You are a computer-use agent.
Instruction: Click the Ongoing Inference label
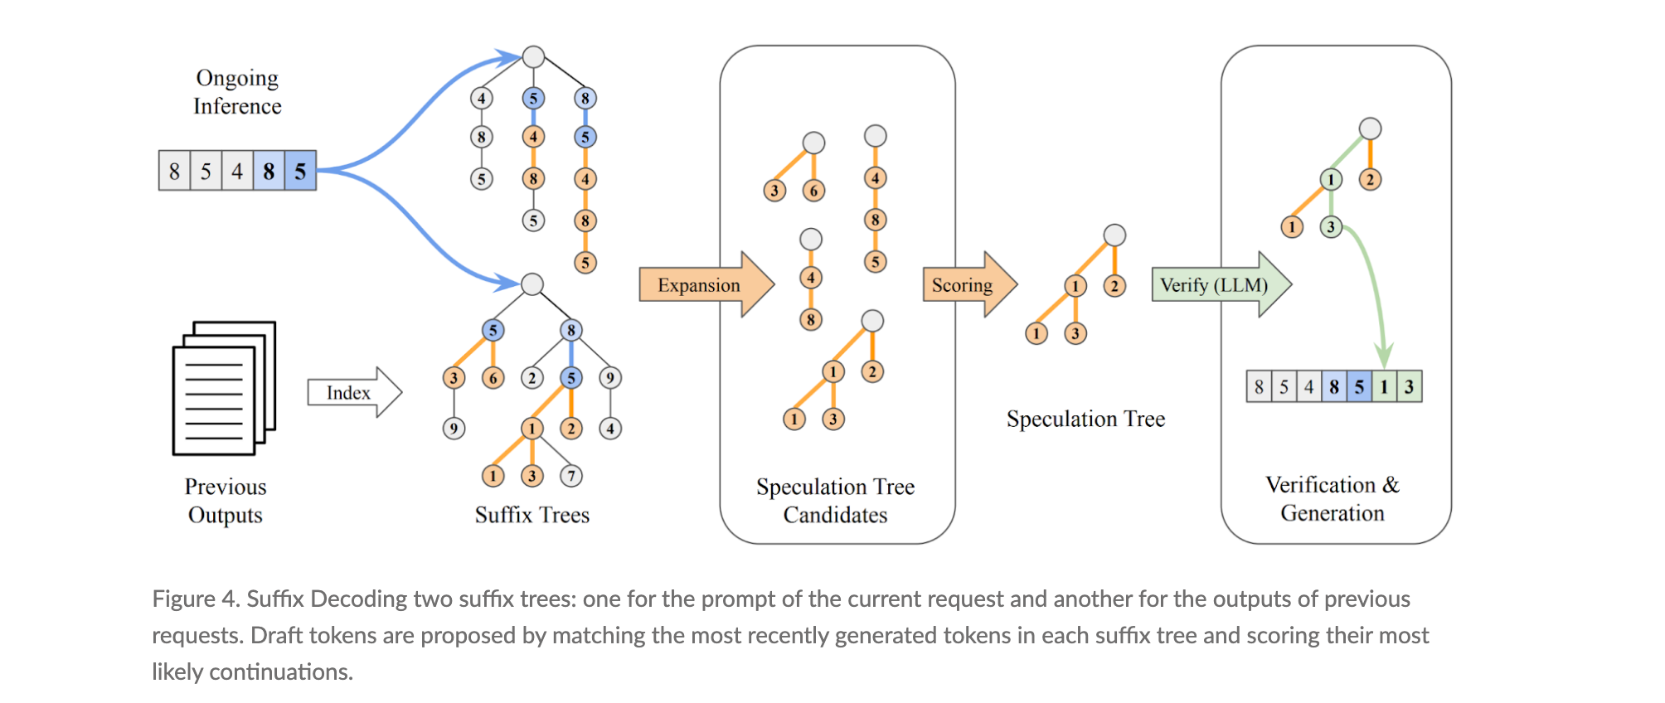[237, 92]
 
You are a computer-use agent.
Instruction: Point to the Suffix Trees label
[532, 515]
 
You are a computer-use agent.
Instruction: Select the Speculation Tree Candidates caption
[835, 501]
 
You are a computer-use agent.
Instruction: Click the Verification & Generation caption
[1332, 499]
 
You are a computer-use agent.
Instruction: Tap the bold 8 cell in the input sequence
[269, 171]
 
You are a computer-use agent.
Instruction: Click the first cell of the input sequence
[174, 171]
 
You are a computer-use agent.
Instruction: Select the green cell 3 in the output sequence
[1409, 386]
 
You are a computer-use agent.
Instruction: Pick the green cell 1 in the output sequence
[1384, 386]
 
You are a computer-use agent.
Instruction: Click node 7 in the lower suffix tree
[570, 476]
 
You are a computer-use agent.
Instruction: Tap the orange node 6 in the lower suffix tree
[493, 378]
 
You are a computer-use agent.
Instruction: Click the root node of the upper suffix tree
[533, 56]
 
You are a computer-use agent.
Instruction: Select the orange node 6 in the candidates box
[813, 191]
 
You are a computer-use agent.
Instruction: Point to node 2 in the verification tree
[1370, 179]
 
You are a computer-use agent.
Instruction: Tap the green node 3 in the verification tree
[1331, 226]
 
